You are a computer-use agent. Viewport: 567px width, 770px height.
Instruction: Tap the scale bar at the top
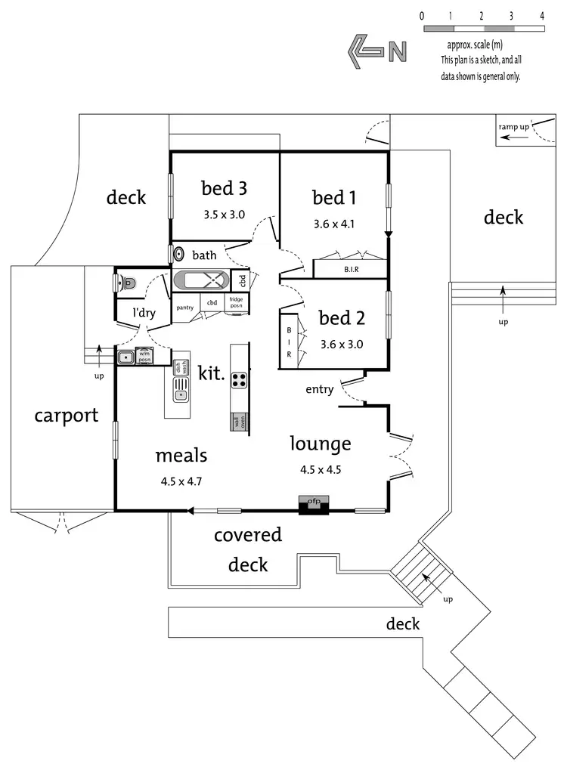pos(483,28)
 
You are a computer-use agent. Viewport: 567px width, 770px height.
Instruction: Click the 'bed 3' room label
pos(225,187)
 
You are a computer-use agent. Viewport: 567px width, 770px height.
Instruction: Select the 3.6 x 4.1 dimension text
pos(333,224)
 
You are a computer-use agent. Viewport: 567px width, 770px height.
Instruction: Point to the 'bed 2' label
pos(341,317)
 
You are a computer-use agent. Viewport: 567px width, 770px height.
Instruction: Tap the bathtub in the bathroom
pos(201,280)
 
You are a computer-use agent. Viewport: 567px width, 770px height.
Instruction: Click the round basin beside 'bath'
pos(179,255)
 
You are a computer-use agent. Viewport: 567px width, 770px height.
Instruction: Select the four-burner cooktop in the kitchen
pos(240,379)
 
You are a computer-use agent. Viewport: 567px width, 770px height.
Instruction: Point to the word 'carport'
pos(67,415)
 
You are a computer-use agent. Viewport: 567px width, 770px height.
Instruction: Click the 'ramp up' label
pos(514,127)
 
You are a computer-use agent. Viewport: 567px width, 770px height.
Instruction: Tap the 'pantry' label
pos(185,308)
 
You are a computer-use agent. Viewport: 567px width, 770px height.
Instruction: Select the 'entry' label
pos(320,389)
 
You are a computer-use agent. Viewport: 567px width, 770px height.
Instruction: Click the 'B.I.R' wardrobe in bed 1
pos(351,268)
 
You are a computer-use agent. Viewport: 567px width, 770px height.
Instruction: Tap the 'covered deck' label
pos(248,549)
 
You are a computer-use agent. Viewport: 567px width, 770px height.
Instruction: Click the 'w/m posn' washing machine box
pos(144,356)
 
